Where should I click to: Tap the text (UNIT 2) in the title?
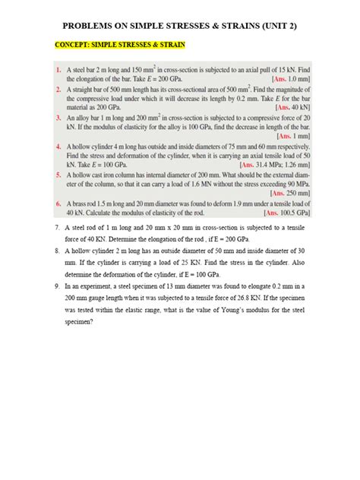(272, 26)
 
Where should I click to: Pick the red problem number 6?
(58, 205)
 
